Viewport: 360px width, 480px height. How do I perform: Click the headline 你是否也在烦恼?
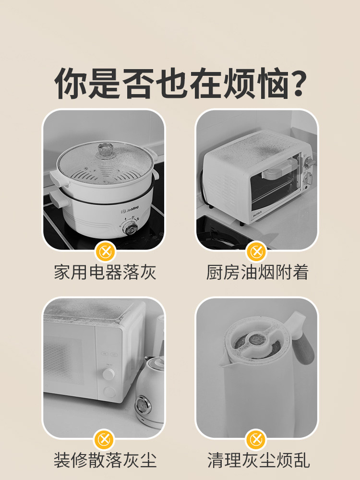(x=180, y=83)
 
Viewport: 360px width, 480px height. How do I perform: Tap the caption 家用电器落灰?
(x=105, y=273)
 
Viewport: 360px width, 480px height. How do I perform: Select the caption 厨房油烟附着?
(x=257, y=273)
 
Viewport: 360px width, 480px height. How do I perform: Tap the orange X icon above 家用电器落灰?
(x=105, y=251)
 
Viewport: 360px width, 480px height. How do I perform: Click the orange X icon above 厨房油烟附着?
(x=257, y=251)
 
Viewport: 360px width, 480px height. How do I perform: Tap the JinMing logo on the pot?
(x=129, y=209)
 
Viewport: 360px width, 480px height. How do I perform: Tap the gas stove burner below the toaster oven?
(x=221, y=239)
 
